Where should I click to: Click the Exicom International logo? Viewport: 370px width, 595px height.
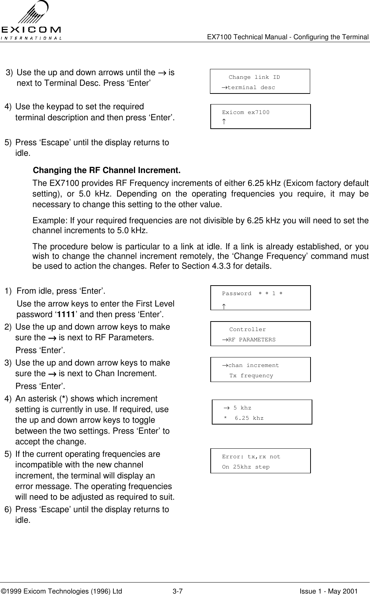coord(31,20)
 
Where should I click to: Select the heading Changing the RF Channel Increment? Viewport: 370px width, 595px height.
coord(107,171)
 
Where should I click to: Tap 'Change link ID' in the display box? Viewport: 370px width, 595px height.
coord(254,77)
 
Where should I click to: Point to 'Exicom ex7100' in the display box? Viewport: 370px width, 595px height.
coord(246,112)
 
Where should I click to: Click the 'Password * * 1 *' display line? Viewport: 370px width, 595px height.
coord(252,294)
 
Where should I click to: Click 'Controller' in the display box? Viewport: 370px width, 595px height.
coord(247,330)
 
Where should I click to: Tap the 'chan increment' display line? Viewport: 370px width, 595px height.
coord(251,366)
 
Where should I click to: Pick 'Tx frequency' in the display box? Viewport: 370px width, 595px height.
coord(251,376)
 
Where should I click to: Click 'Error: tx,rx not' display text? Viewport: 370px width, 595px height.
coord(251,457)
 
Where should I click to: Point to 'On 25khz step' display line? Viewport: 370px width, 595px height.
coord(246,467)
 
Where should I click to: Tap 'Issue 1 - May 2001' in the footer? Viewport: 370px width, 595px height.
coord(328,591)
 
